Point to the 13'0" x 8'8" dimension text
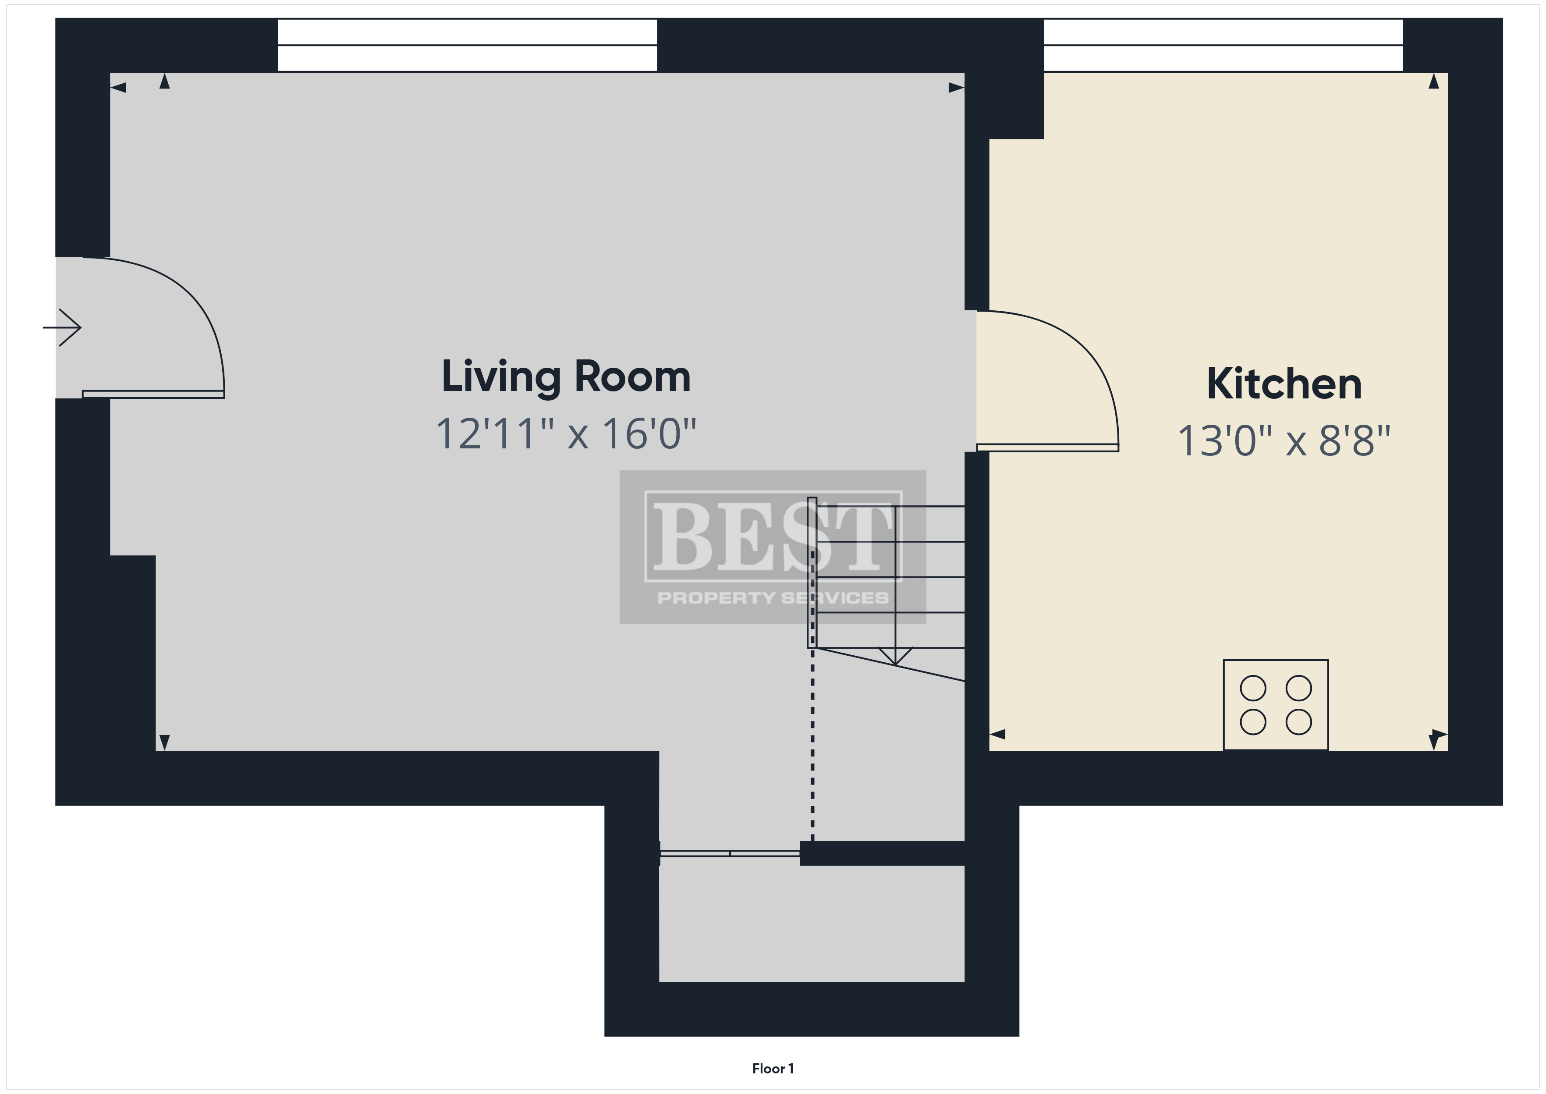pyautogui.click(x=1284, y=441)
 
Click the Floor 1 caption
pyautogui.click(x=773, y=1069)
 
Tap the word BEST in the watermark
pyautogui.click(x=773, y=537)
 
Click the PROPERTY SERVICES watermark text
pyautogui.click(x=773, y=597)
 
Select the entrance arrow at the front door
pyautogui.click(x=62, y=328)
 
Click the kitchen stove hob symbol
pyautogui.click(x=1275, y=705)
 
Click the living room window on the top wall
pyautogui.click(x=467, y=45)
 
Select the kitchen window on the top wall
pyautogui.click(x=1223, y=45)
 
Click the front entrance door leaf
pyautogui.click(x=153, y=394)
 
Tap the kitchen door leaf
pyautogui.click(x=1048, y=448)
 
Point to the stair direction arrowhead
pyautogui.click(x=896, y=655)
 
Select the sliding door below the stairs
pyautogui.click(x=730, y=853)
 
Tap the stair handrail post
pyautogui.click(x=812, y=572)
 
